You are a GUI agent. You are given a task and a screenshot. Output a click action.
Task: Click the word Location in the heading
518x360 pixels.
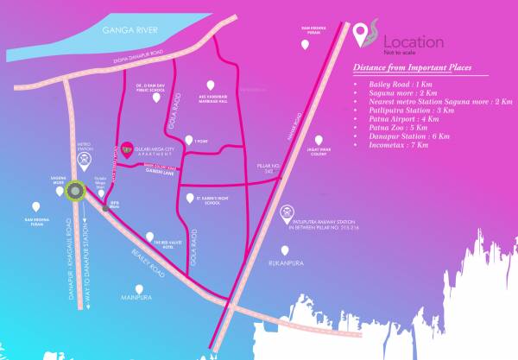(413, 41)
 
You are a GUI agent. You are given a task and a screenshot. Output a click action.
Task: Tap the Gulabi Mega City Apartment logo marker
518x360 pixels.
(128, 147)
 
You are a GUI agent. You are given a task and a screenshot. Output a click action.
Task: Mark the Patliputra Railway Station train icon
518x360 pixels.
(287, 211)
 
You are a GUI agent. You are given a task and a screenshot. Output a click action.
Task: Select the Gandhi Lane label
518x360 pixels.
(158, 172)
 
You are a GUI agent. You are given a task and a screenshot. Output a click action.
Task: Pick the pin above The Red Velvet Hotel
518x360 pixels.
(151, 236)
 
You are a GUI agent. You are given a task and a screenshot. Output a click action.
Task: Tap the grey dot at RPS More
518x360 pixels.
(106, 207)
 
